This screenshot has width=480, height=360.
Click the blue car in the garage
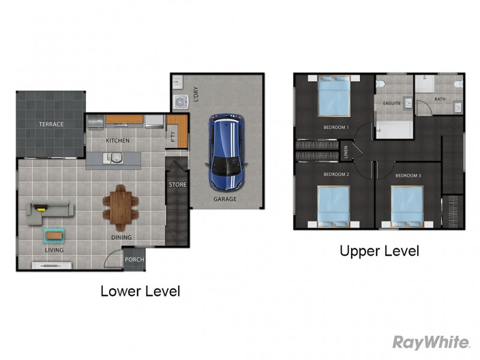(227, 152)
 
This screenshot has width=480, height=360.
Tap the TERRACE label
(51, 124)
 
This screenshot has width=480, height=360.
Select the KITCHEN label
(118, 140)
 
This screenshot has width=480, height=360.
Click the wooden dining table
(121, 208)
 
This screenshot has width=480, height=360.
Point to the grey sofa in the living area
(50, 213)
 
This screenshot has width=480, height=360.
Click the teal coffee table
(54, 235)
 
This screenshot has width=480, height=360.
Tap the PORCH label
(134, 260)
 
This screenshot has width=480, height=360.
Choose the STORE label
(178, 185)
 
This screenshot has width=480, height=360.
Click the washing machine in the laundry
(181, 102)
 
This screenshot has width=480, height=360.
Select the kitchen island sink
(113, 158)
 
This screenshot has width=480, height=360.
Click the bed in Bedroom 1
(334, 96)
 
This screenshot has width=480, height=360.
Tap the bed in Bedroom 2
(334, 206)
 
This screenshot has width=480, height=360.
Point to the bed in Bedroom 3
(407, 207)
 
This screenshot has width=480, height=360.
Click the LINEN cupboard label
(346, 152)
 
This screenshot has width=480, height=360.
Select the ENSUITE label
(392, 103)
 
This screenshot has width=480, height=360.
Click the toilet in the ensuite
(380, 83)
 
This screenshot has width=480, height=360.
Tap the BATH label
(440, 99)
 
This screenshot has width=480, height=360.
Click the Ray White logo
(431, 342)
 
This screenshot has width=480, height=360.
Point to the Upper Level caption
(379, 251)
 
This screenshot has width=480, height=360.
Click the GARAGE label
(225, 199)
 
